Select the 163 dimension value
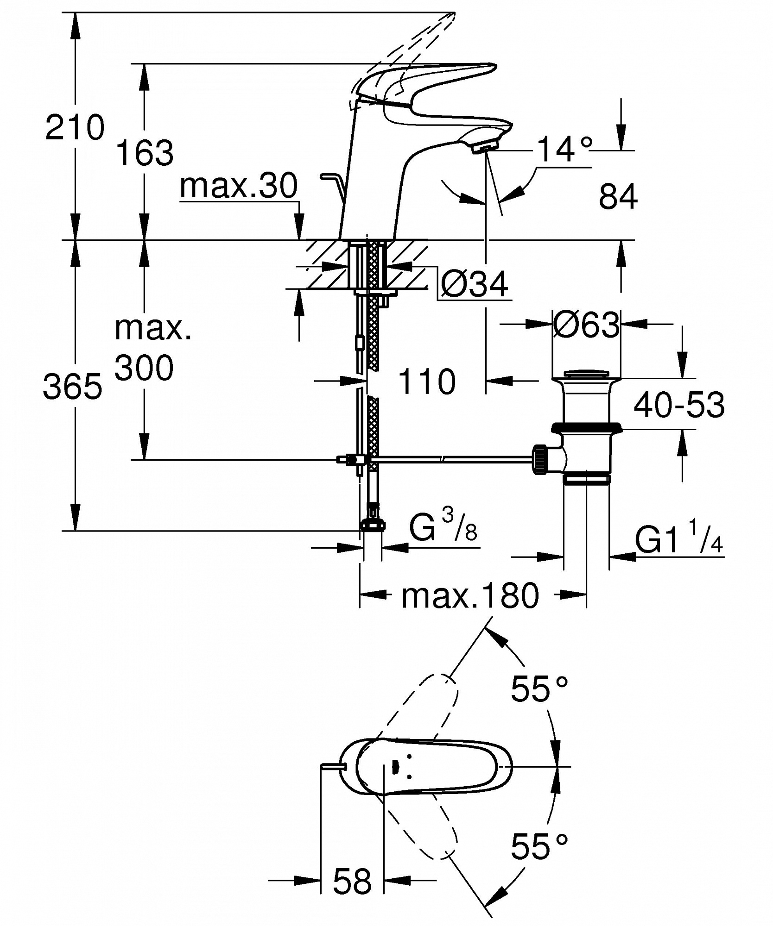(144, 152)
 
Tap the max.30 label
(239, 186)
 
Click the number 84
(618, 196)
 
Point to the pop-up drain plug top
(586, 374)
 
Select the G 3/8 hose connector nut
(373, 524)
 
